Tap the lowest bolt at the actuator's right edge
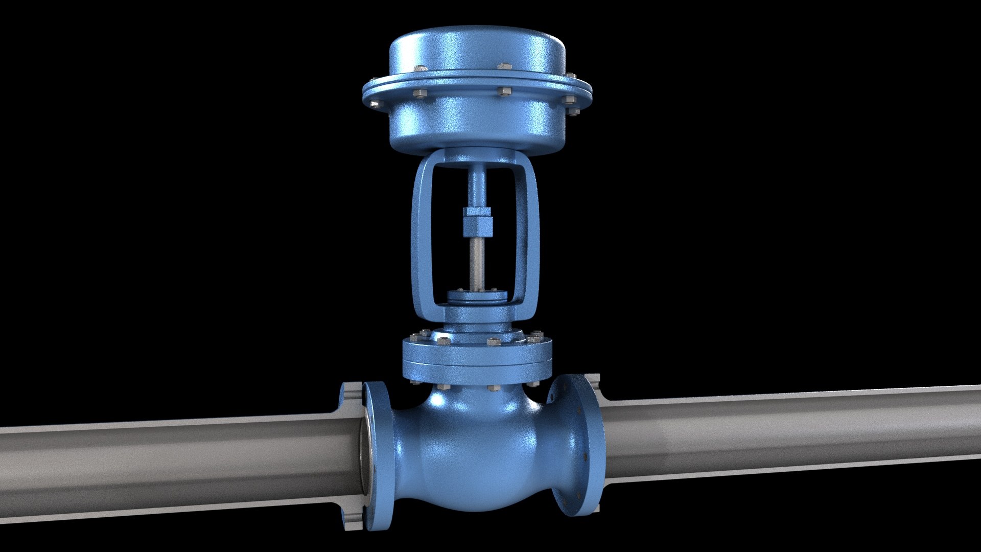(x=574, y=111)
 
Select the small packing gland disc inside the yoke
(x=476, y=297)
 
